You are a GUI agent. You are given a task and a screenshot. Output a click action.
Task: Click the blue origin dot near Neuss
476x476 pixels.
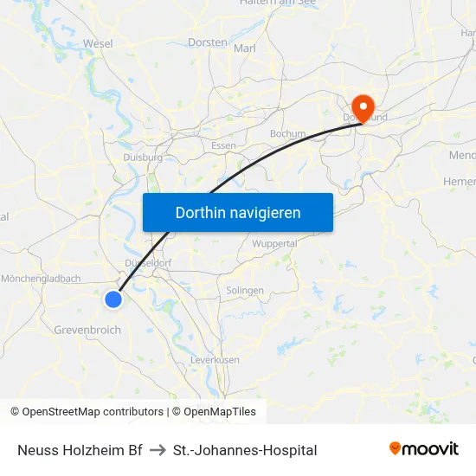(x=113, y=299)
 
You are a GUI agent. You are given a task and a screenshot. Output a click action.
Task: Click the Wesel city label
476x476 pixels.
(x=98, y=43)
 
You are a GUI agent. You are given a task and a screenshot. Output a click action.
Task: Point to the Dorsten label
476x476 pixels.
(x=207, y=42)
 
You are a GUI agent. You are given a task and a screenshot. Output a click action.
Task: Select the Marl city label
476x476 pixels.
(x=245, y=48)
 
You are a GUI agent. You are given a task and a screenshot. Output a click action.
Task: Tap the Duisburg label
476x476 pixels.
(x=143, y=158)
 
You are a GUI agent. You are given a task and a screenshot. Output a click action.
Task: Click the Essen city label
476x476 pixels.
(x=223, y=146)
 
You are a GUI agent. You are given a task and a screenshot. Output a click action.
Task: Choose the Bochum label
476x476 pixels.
(x=287, y=134)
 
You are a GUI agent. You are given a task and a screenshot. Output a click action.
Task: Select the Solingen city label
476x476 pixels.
(x=244, y=291)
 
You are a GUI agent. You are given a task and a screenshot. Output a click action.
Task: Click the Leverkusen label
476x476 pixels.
(x=214, y=360)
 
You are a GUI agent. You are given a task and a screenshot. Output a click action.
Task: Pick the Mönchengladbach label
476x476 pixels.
(x=41, y=279)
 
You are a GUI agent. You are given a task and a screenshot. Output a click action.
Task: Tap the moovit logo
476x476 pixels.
(x=423, y=449)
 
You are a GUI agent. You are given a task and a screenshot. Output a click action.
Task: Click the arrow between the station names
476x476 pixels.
(x=158, y=450)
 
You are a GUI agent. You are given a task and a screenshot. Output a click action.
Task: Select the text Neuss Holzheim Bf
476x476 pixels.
(x=80, y=450)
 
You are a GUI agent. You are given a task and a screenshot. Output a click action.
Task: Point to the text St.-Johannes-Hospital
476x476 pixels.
(x=245, y=450)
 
